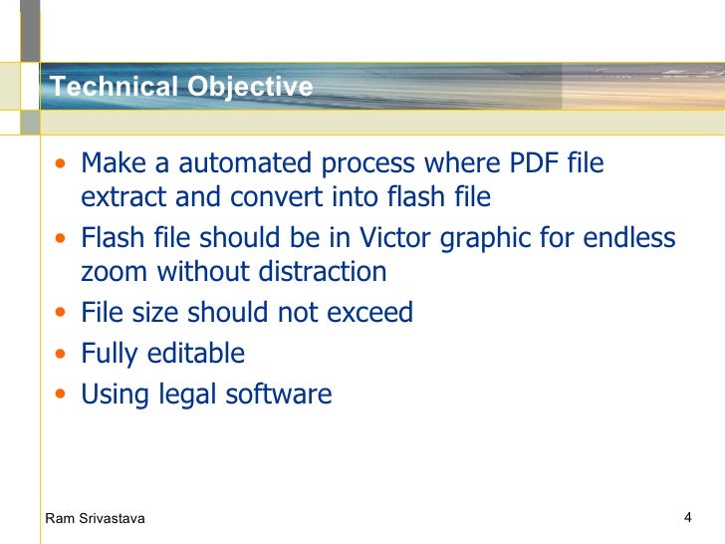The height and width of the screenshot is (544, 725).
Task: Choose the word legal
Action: pyautogui.click(x=189, y=396)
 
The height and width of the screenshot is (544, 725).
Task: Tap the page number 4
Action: pyautogui.click(x=688, y=516)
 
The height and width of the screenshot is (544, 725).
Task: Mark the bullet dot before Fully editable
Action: pyautogui.click(x=63, y=355)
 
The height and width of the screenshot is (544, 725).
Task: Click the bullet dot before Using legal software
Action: pyautogui.click(x=63, y=396)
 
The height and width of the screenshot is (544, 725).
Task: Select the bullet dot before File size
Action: pyautogui.click(x=63, y=314)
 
